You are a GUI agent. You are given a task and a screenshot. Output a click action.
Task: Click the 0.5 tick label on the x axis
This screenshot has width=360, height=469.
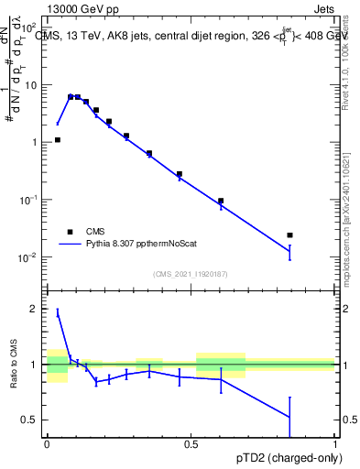pyautogui.click(x=191, y=442)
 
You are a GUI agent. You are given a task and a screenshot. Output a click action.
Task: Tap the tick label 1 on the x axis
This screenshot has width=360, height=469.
pyautogui.click(x=335, y=442)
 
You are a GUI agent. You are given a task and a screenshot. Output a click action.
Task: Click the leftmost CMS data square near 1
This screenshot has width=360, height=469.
pyautogui.click(x=58, y=140)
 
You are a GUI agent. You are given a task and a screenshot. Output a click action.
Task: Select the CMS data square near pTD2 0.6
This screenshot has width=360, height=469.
pyautogui.click(x=221, y=201)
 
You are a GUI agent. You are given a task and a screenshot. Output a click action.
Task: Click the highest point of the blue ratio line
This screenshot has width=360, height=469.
pyautogui.click(x=58, y=312)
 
